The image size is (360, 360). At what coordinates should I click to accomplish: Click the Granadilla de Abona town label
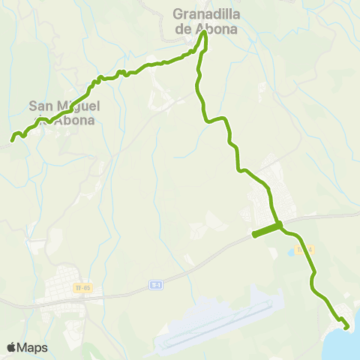coord(205,22)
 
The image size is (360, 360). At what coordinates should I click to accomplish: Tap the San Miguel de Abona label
coord(64,112)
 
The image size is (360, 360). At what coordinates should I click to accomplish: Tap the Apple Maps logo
coord(27,347)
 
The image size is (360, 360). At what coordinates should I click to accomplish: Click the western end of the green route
coord(12,139)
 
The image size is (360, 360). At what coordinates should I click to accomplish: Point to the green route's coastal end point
coord(346,326)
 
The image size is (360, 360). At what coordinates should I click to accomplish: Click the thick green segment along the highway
coord(266,229)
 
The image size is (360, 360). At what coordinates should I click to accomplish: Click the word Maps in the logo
coord(33,347)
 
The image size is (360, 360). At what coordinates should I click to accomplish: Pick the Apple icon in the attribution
coord(11,347)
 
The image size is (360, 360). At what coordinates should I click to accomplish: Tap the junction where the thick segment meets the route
coord(279,224)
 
